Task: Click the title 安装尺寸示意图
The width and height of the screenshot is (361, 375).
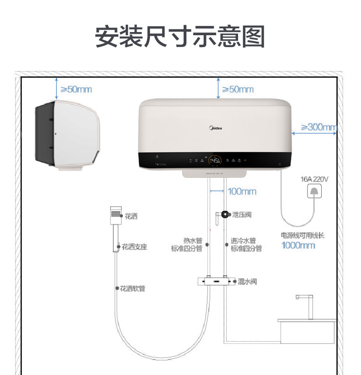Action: [x=180, y=37]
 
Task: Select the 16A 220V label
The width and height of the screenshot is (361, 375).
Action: [x=314, y=179]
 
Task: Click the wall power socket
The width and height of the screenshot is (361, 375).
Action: [x=314, y=191]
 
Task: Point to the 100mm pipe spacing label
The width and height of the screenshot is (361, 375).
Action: [x=242, y=191]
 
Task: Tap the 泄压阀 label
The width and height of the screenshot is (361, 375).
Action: [x=242, y=214]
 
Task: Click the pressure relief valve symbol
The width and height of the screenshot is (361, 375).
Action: [x=225, y=214]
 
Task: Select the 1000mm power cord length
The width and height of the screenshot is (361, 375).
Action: [x=298, y=246]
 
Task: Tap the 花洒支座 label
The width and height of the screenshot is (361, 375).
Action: [x=134, y=247]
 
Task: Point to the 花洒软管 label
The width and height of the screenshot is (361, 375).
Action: [x=133, y=289]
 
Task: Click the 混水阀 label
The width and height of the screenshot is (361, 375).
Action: [x=247, y=281]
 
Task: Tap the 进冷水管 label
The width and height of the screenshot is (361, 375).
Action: [x=243, y=241]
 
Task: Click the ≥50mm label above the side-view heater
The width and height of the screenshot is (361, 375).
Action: [x=76, y=89]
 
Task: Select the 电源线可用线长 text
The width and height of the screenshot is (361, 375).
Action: [x=303, y=236]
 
